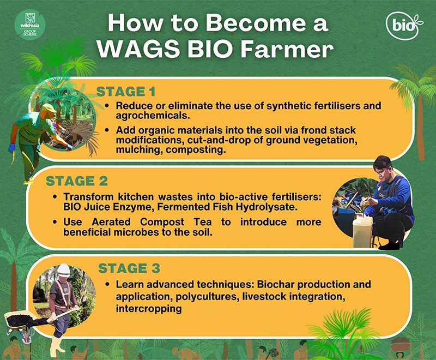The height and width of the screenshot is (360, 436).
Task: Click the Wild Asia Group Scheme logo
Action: coord(30,25)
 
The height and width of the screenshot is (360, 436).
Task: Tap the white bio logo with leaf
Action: coord(404,26)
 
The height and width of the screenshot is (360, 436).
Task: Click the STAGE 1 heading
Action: coord(126,92)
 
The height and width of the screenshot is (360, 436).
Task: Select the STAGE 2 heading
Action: coord(76,181)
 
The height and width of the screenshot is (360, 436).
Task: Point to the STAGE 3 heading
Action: coord(129,268)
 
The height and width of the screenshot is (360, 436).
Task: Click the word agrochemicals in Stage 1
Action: coord(153,116)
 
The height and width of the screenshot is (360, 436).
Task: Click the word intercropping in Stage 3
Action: coord(149,309)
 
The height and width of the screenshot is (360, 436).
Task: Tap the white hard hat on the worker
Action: coord(64,270)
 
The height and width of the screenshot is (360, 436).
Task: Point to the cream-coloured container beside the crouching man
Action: coord(362,231)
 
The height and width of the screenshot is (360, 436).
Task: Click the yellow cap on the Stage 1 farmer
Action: coord(49,108)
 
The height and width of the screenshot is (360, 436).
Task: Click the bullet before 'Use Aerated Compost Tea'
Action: coord(55,222)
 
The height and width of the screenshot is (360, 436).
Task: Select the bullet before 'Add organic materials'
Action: coord(107,130)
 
